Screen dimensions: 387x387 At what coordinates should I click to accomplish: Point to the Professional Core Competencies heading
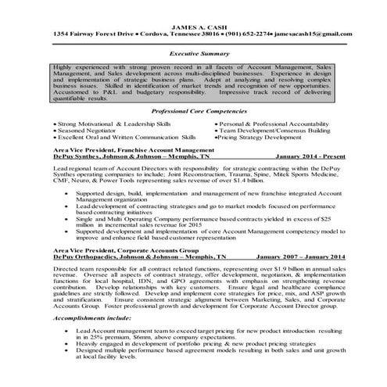pyautogui.click(x=193, y=113)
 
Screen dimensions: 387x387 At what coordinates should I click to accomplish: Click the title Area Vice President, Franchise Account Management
pyautogui.click(x=125, y=149)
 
